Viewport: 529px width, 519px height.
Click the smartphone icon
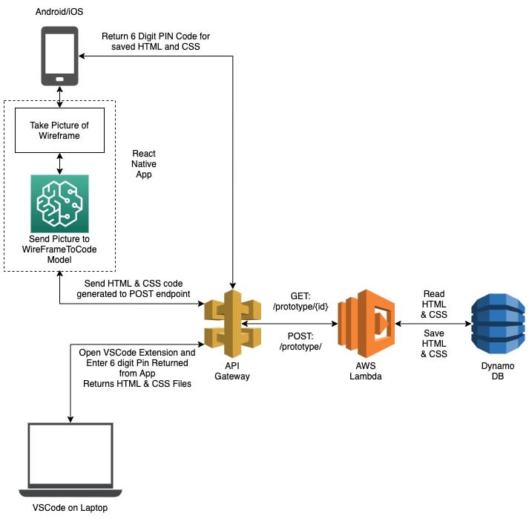click(x=59, y=56)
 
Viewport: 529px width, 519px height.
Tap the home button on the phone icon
click(x=59, y=79)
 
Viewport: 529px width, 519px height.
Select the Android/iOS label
click(x=59, y=12)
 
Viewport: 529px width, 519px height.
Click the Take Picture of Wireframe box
click(x=59, y=131)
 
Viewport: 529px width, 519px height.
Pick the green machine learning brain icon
click(x=59, y=203)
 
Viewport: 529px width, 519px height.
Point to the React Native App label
click(x=144, y=164)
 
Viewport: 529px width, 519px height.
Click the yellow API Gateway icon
click(x=232, y=324)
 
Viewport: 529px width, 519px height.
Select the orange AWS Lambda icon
click(x=366, y=324)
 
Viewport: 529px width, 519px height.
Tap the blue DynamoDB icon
click(x=498, y=324)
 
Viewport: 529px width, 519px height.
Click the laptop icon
click(x=70, y=460)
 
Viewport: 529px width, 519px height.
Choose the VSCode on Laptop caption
click(x=70, y=508)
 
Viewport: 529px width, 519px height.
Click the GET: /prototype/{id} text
click(x=300, y=301)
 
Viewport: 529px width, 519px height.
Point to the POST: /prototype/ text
click(x=300, y=342)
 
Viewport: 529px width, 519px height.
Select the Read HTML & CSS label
click(x=434, y=304)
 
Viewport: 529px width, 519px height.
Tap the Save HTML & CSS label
click(x=434, y=344)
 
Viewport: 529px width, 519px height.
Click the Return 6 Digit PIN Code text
click(x=156, y=42)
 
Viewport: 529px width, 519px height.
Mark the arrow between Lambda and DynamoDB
click(x=433, y=324)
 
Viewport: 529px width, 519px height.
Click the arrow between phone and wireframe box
click(x=59, y=97)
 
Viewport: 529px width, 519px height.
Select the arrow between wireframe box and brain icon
click(x=59, y=164)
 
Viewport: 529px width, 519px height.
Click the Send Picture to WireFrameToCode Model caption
click(x=59, y=249)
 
